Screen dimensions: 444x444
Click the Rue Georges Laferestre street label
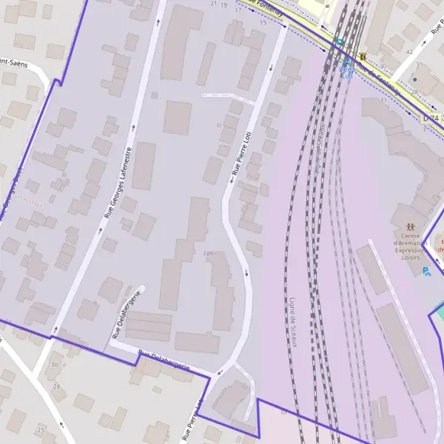(118, 182)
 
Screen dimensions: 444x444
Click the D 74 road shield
(432, 118)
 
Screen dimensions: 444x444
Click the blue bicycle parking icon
(426, 272)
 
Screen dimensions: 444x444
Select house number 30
(54, 365)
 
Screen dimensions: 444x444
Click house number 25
(41, 429)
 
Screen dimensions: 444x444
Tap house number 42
(409, 52)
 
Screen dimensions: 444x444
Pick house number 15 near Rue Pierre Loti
(263, 23)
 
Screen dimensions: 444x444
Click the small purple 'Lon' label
(209, 253)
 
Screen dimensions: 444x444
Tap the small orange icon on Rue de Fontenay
(363, 56)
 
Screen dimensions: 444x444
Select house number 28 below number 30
(57, 387)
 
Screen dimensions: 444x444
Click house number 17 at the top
(238, 10)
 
